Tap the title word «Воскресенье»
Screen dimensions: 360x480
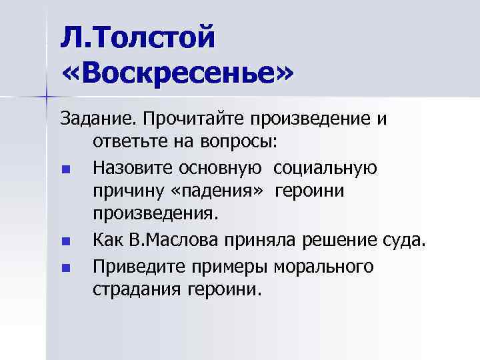tap(176, 74)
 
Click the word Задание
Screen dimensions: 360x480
tap(97, 119)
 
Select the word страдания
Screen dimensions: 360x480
tap(134, 289)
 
